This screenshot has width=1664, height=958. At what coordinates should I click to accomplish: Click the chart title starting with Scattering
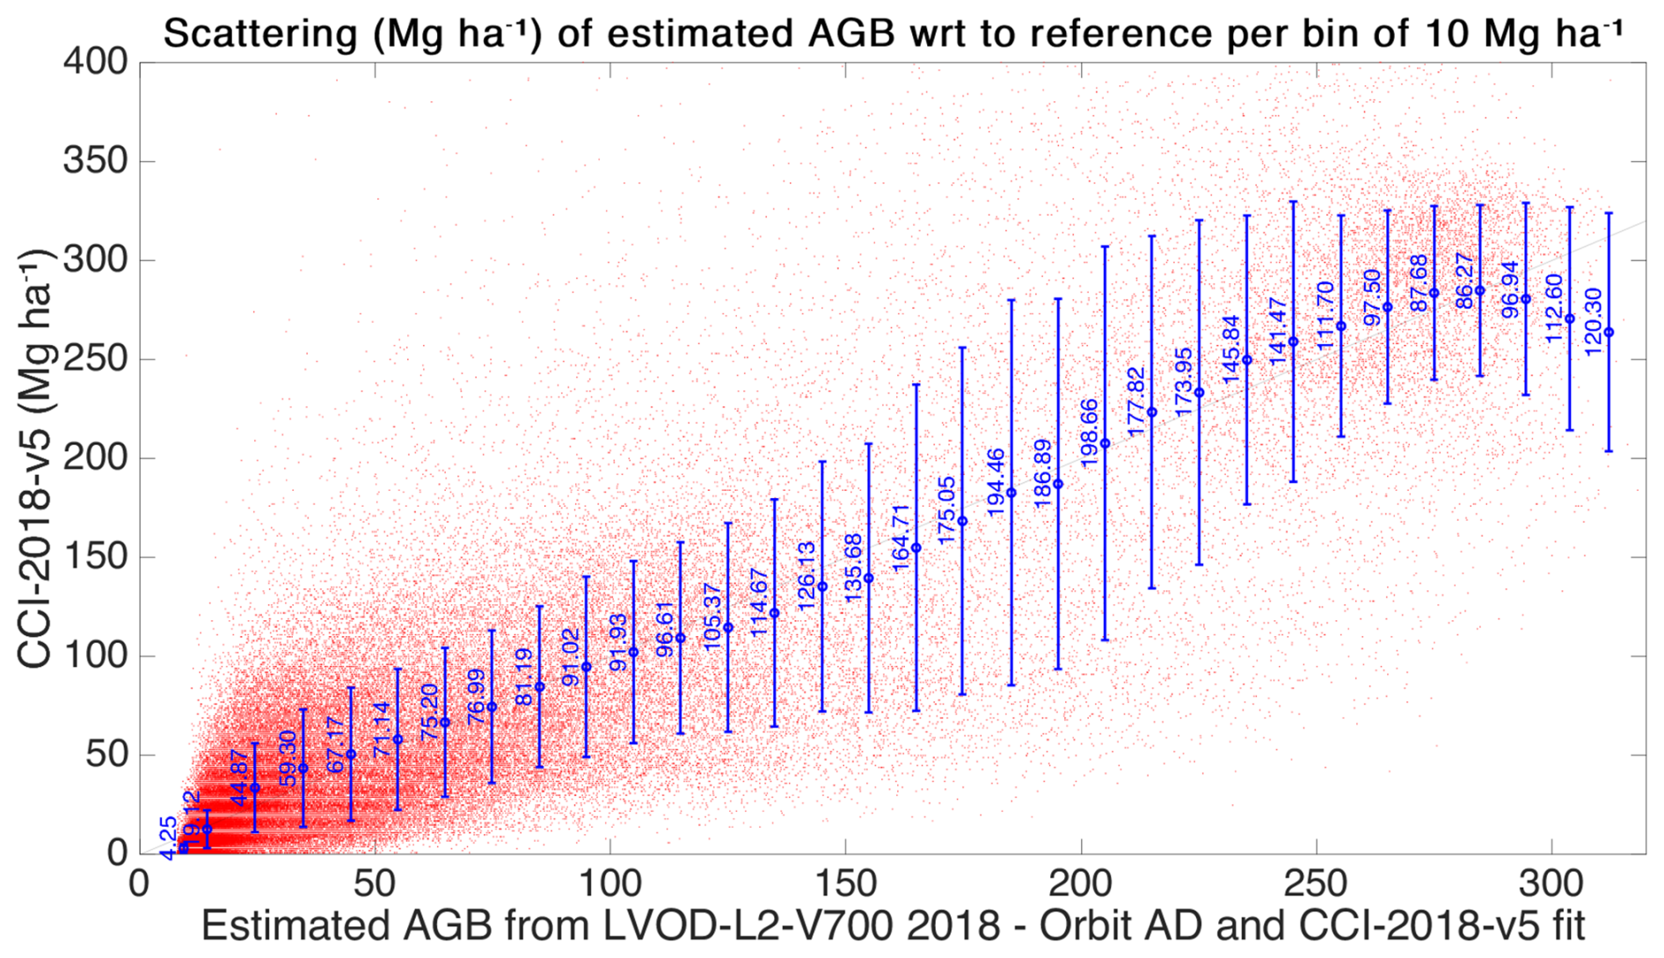point(893,33)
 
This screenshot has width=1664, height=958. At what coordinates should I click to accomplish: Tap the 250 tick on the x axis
point(1316,883)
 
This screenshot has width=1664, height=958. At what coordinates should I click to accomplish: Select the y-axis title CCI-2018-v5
point(35,457)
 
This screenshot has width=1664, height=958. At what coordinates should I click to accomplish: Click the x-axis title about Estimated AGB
point(893,926)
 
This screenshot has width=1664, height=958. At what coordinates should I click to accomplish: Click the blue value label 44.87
point(239,778)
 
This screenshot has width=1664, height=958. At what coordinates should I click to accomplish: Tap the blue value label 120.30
point(1594,322)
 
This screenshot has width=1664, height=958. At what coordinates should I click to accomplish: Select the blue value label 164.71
point(901,538)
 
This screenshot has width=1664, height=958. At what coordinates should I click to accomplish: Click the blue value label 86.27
point(1464,281)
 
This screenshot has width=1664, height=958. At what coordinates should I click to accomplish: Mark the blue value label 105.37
point(712,617)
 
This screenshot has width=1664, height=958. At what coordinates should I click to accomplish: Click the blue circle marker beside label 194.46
point(1011,493)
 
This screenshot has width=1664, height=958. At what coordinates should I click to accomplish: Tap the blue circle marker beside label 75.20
point(445,722)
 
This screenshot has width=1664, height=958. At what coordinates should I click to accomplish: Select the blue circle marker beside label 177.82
point(1152,413)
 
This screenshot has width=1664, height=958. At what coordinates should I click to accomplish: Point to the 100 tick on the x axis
point(609,883)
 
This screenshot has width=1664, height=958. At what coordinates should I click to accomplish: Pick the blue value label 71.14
point(382,730)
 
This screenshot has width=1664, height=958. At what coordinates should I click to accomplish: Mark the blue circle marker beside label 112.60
point(1570,318)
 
